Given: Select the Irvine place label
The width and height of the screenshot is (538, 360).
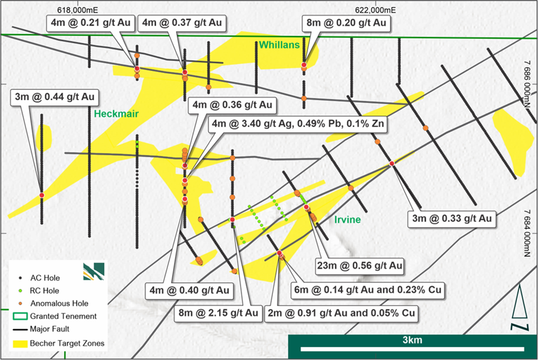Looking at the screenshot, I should coord(347,220).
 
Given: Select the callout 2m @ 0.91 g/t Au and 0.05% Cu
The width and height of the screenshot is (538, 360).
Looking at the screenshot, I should coord(343,313).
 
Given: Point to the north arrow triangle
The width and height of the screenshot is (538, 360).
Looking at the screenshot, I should coord(519,304).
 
